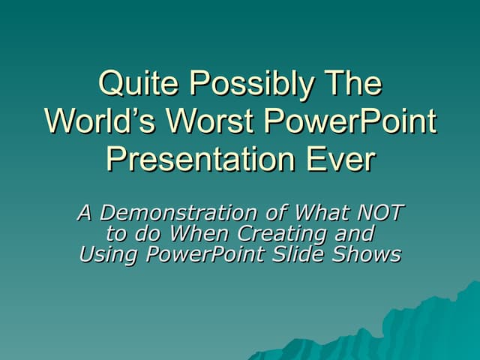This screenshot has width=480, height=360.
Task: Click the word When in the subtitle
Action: pos(207,234)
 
